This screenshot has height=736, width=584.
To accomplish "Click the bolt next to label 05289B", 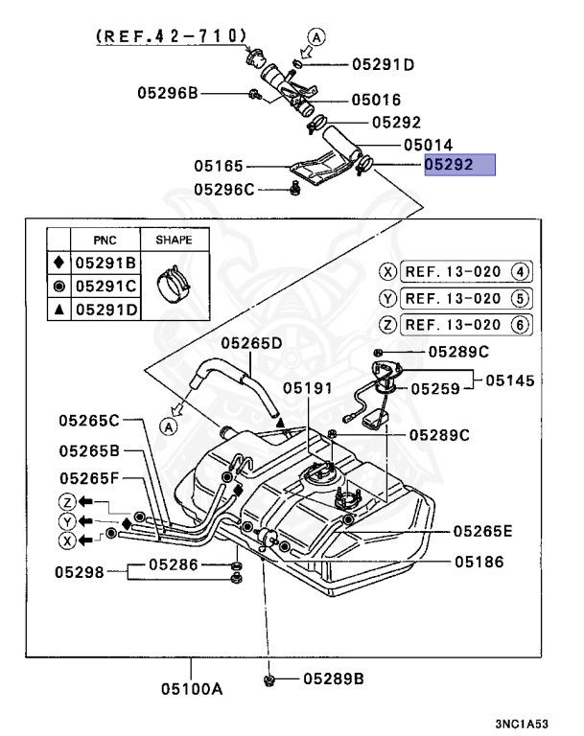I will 269,679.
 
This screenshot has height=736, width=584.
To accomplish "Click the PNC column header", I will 105,239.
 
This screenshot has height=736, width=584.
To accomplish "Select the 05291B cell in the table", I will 105,262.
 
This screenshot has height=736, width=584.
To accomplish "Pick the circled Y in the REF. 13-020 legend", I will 387,298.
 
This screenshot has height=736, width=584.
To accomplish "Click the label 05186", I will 479,563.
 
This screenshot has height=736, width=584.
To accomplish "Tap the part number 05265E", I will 485,530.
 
